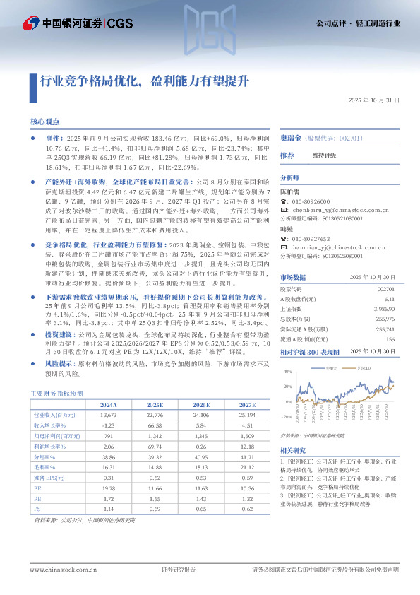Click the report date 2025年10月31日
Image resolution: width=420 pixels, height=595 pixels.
coord(374,100)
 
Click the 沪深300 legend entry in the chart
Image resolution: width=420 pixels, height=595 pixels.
coord(363,369)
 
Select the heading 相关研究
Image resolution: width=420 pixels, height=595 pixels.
coord(293,450)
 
